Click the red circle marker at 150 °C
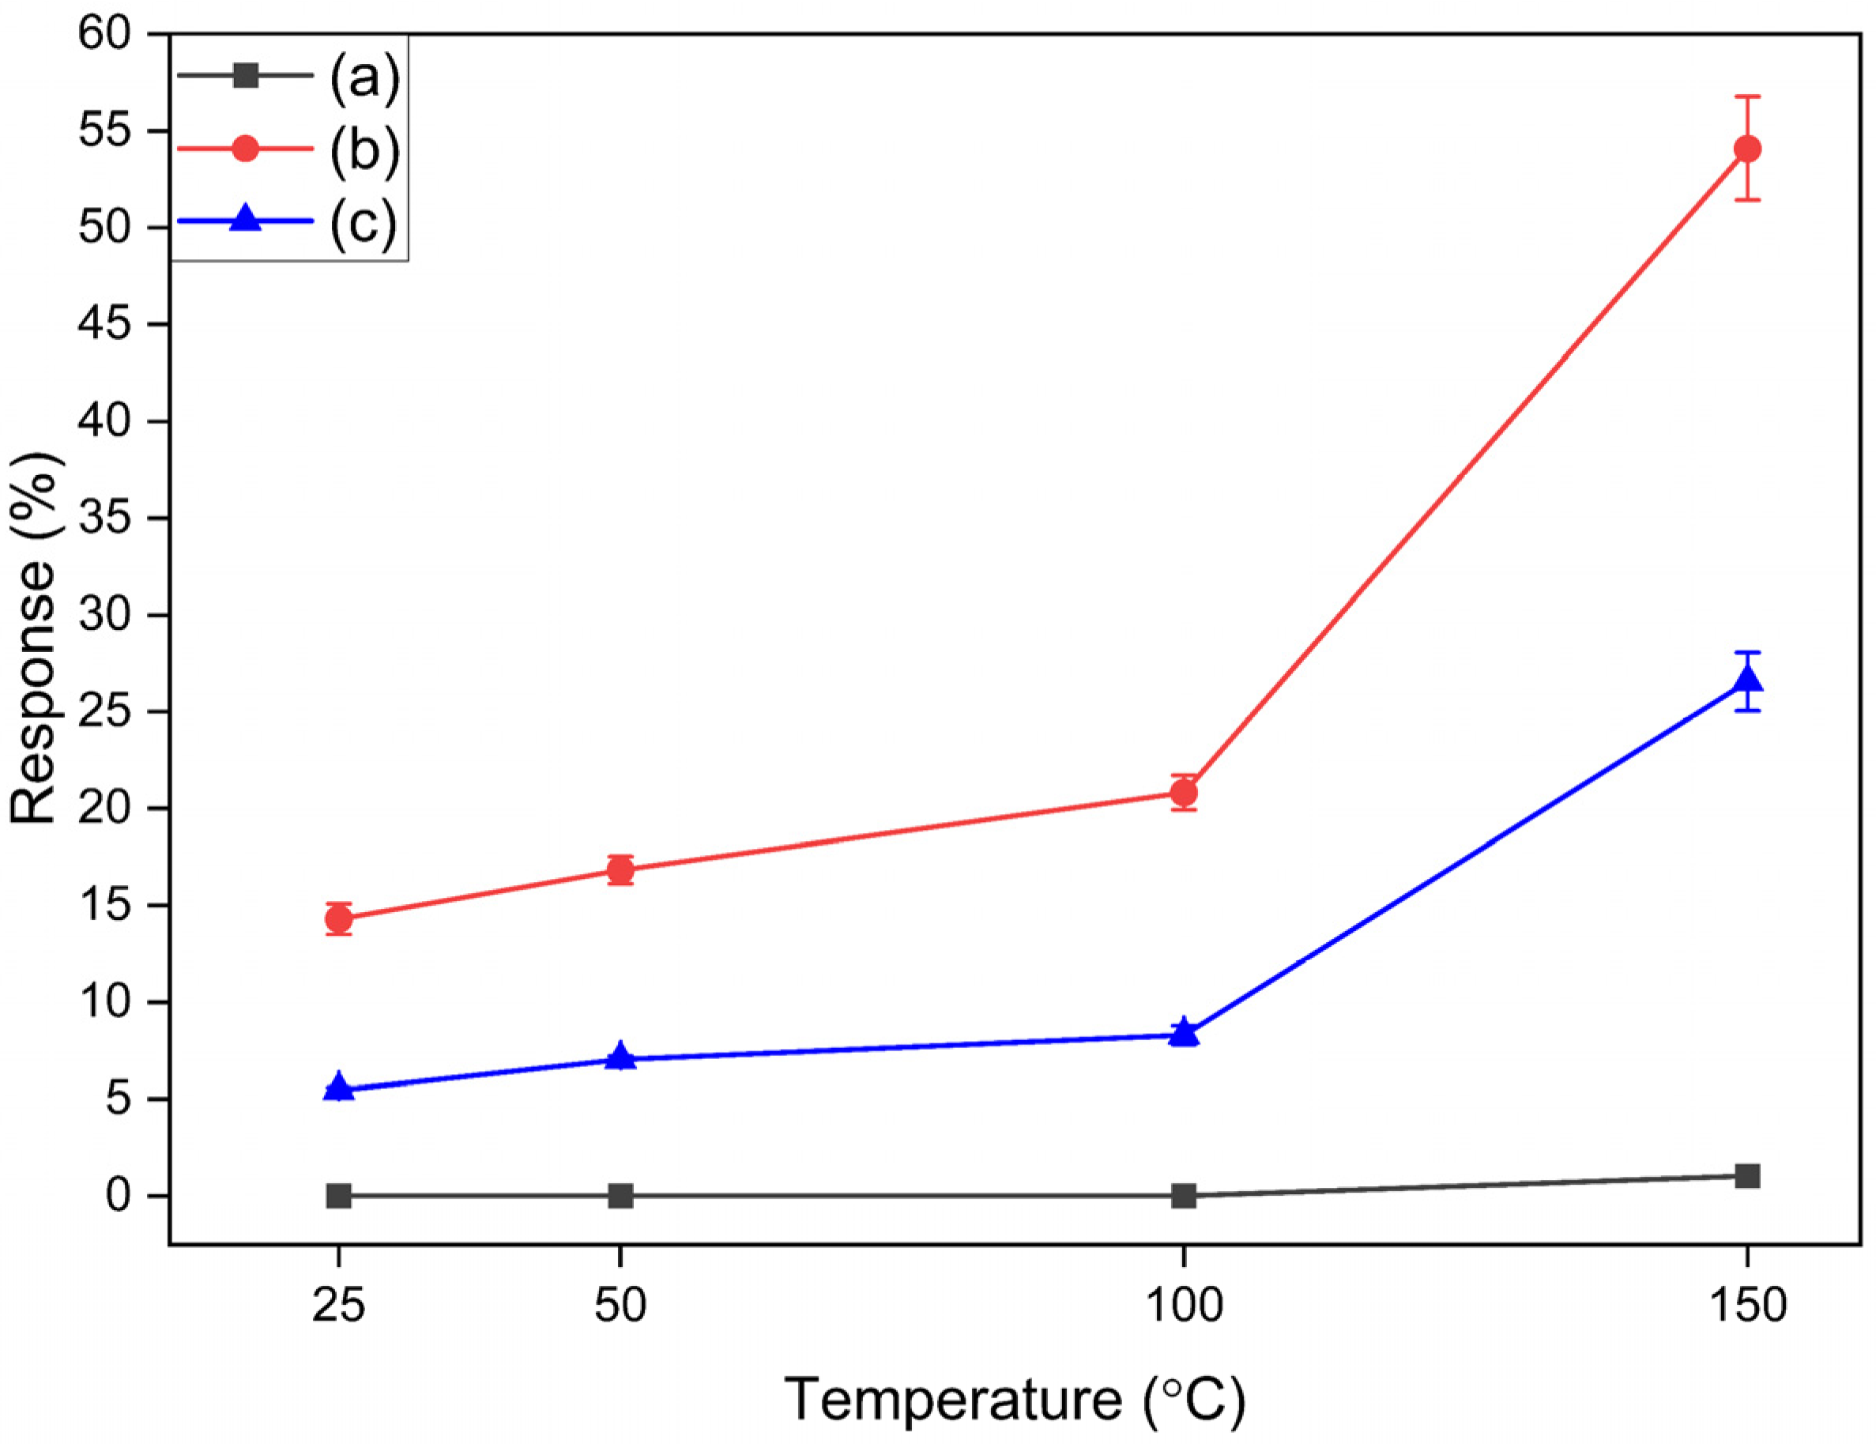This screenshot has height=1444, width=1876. click(1747, 149)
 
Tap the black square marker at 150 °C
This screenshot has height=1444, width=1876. click(1747, 1175)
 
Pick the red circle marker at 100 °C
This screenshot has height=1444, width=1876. click(1184, 792)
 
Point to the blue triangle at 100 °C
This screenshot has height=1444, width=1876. click(1184, 1032)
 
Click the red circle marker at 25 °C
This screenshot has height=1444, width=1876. click(338, 919)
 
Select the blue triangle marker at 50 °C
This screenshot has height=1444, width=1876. click(620, 1057)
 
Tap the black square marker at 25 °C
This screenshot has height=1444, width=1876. click(338, 1195)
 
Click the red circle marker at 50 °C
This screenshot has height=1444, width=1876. click(620, 870)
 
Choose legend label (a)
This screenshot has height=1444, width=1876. click(364, 77)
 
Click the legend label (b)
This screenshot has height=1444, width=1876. click(364, 150)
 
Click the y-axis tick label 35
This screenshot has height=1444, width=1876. click(104, 518)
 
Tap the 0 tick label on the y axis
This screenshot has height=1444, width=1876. click(119, 1195)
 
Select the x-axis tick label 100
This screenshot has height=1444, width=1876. click(1184, 1306)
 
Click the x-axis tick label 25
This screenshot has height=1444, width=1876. click(338, 1306)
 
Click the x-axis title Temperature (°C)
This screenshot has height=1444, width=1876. click(1015, 1397)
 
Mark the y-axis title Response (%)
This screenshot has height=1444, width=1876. click(34, 640)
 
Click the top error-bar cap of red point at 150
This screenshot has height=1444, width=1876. click(1747, 96)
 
